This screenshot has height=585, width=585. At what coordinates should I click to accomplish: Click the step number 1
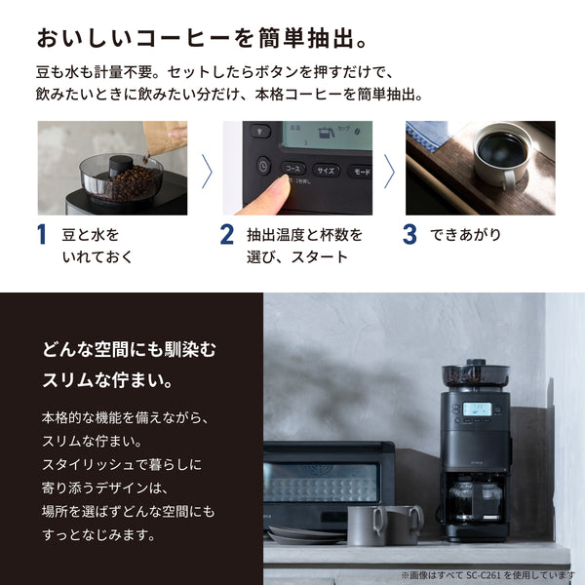(42, 235)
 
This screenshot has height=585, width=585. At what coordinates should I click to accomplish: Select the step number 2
(226, 235)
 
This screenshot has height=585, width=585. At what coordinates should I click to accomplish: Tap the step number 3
(409, 235)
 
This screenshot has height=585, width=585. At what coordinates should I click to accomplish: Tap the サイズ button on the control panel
(326, 171)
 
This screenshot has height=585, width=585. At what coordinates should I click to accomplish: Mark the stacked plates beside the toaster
(292, 534)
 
